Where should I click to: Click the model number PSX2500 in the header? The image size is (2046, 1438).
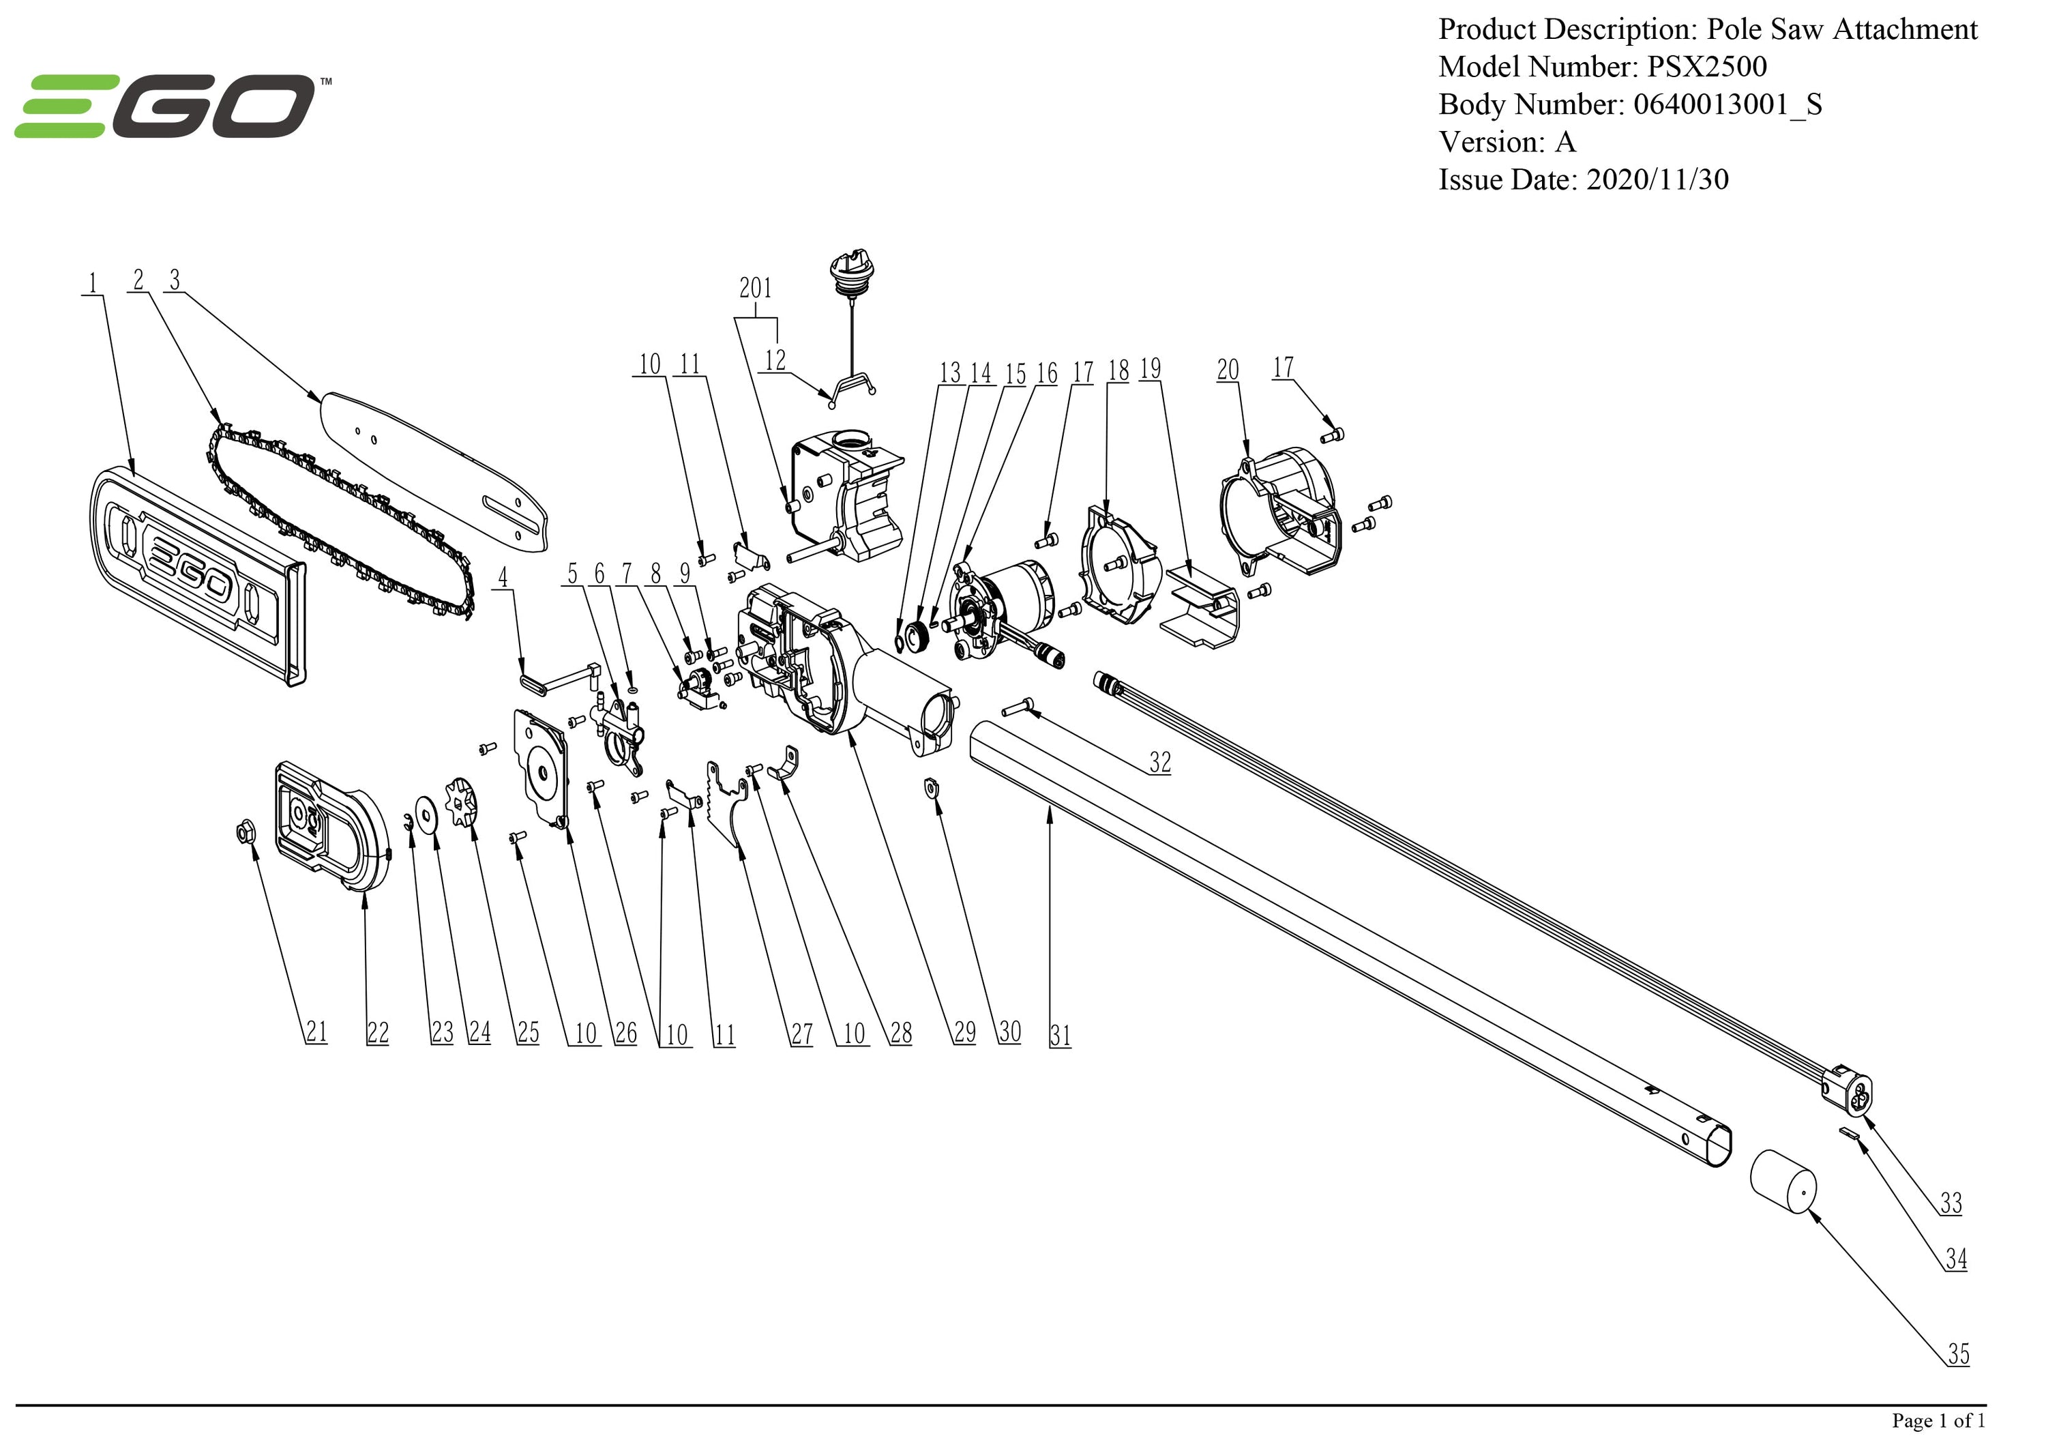coord(1706,67)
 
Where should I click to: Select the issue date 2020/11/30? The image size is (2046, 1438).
coord(1657,180)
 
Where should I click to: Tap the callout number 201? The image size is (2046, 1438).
coord(755,288)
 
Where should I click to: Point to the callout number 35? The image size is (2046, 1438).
coord(1958,1354)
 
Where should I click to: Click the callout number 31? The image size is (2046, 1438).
coord(1060,1035)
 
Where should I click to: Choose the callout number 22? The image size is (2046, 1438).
coord(378,1032)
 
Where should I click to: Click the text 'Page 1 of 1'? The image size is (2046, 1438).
coord(1938,1420)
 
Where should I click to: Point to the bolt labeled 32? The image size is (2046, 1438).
coord(1018,708)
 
